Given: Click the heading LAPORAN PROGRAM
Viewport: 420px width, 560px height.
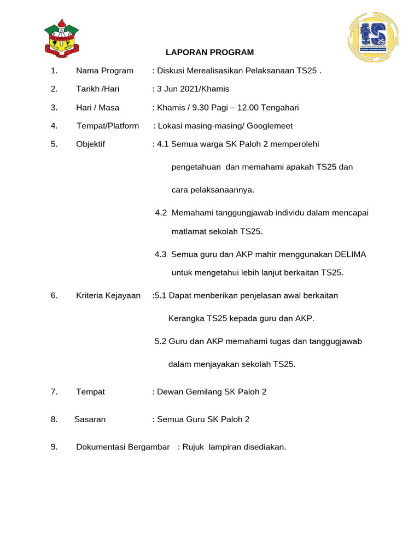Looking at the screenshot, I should [x=210, y=52].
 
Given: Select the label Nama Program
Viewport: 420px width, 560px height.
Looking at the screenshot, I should [x=104, y=71].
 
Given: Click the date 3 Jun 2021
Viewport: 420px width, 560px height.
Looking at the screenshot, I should [x=178, y=89].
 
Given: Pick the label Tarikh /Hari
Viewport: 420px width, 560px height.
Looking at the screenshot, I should [x=98, y=89].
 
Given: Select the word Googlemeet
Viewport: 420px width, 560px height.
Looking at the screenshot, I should [x=270, y=126].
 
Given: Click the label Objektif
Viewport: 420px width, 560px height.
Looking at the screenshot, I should [x=91, y=144].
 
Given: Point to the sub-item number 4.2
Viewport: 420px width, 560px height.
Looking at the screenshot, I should [x=161, y=213].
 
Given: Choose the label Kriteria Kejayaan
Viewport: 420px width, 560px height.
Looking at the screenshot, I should [x=108, y=296].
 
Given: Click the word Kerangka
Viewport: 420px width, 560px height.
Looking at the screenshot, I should [x=186, y=318].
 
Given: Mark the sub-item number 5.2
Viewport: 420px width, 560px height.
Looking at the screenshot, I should [x=161, y=341].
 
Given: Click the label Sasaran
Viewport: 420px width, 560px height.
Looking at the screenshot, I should [x=90, y=419].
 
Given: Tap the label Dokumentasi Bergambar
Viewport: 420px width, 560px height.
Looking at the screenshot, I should [x=123, y=447].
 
